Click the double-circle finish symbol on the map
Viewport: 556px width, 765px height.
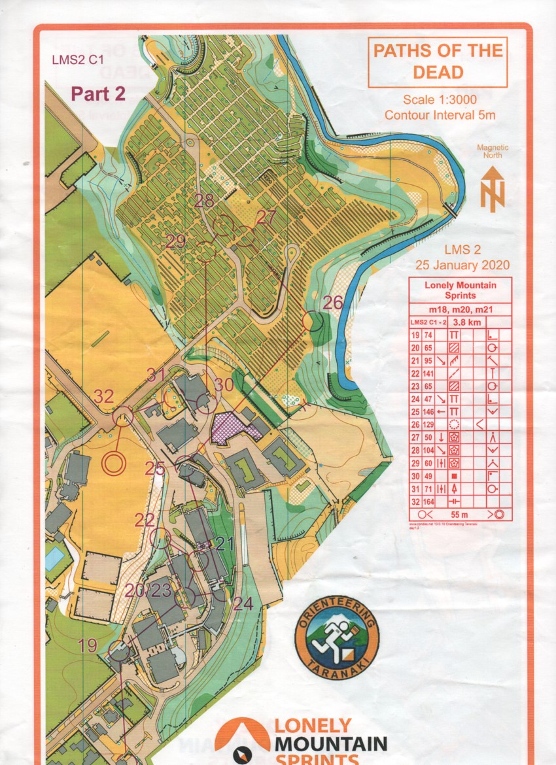tap(114, 464)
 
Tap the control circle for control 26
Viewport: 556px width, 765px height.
tap(315, 321)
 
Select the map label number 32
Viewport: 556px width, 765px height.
tap(104, 396)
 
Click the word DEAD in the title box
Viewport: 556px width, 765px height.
tap(438, 72)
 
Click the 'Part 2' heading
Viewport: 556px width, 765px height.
tap(98, 93)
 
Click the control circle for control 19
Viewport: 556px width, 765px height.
tap(119, 651)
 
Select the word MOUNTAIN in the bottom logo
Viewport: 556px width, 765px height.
tap(330, 743)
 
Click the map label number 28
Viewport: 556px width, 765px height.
tap(205, 201)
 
